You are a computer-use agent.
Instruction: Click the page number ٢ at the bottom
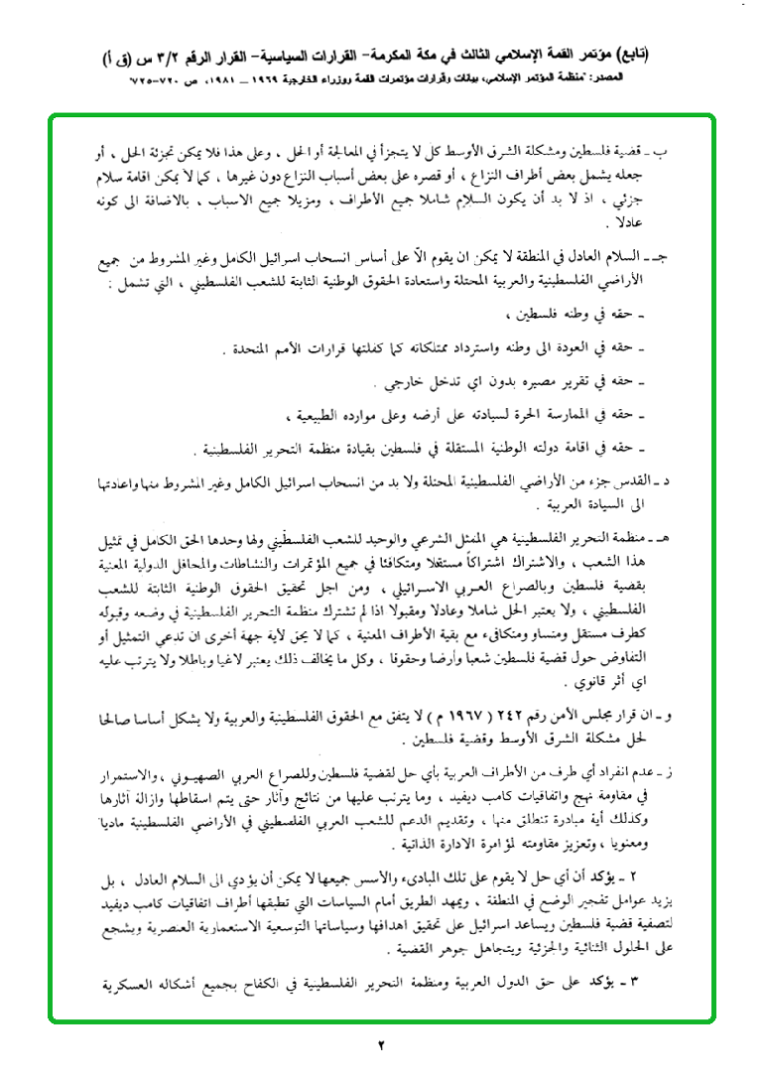pos(383,1045)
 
